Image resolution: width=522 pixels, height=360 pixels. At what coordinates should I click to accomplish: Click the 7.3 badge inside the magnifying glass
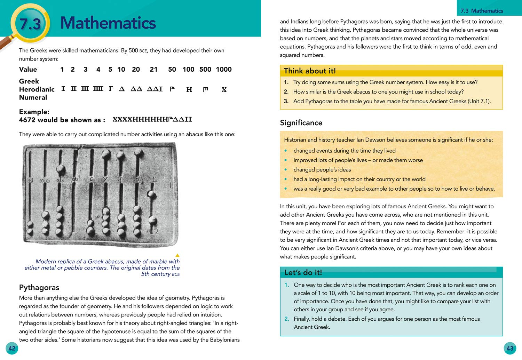click(x=30, y=24)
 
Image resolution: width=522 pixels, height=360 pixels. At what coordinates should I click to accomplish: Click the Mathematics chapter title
click(x=108, y=23)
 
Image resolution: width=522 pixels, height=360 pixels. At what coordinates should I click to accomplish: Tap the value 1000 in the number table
click(x=223, y=70)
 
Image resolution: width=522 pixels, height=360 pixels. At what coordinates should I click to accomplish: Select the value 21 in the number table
click(x=153, y=70)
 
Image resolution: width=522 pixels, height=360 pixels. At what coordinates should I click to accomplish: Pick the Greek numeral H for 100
click(x=189, y=90)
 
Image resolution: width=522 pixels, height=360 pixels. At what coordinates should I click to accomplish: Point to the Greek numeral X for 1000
click(x=224, y=90)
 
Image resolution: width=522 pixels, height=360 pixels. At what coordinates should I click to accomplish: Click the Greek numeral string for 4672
click(x=152, y=120)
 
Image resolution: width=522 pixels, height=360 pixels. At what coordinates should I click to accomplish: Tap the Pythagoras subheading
click(x=39, y=288)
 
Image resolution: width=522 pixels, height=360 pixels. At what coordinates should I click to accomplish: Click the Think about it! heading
click(x=309, y=71)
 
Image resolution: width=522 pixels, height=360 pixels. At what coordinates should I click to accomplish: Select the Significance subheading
click(x=301, y=123)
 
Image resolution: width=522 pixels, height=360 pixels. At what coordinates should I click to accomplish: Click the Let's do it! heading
click(x=303, y=272)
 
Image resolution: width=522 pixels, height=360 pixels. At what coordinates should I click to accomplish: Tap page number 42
click(x=12, y=349)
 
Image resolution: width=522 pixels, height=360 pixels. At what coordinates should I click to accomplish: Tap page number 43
click(x=510, y=349)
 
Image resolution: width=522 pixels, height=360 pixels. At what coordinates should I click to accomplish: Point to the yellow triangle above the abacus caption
click(x=177, y=255)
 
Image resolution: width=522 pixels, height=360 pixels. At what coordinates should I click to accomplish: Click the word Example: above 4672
click(x=34, y=112)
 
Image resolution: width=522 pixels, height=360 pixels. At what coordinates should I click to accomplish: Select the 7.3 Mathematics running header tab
click(x=482, y=11)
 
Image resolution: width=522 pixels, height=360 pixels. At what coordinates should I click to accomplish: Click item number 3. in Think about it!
click(x=286, y=101)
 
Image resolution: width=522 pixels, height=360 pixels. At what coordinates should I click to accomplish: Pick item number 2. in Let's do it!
click(x=287, y=319)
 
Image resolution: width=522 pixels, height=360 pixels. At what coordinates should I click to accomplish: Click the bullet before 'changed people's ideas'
click(x=286, y=170)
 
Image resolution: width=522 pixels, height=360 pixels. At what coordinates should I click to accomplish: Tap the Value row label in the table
click(x=28, y=70)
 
